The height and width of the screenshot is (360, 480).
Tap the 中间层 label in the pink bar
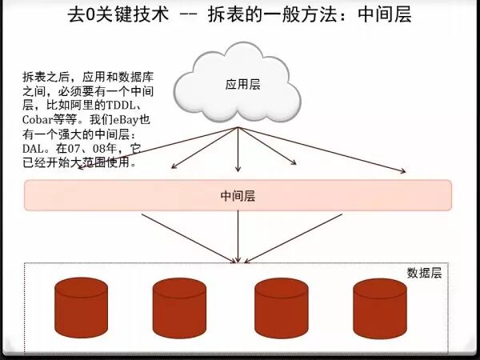pyautogui.click(x=238, y=195)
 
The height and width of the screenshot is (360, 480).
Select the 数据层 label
pyautogui.click(x=424, y=273)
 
